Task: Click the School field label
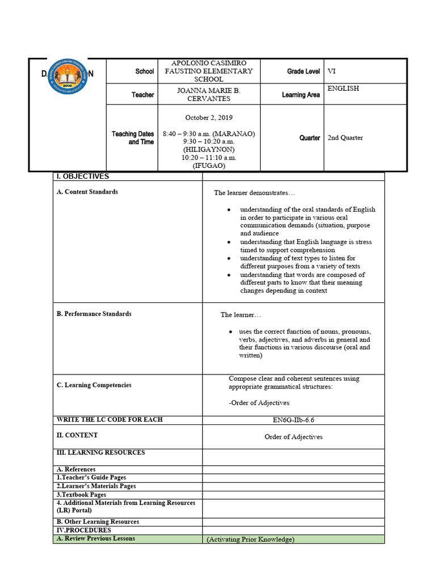pos(144,71)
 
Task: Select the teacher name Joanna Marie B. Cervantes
pos(209,94)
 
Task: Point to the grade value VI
pos(332,71)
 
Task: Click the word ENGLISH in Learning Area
pos(343,89)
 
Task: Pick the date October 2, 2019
pos(209,117)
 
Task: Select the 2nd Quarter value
pos(345,138)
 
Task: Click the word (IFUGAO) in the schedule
pos(209,166)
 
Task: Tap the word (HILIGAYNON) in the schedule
pos(209,150)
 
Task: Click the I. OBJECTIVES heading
pos(82,176)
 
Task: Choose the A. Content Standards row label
pos(87,192)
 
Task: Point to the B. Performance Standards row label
pos(94,314)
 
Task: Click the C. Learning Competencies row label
pos(94,385)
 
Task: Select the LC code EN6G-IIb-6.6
pos(294,420)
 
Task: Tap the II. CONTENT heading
pos(77,435)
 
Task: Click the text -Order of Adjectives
pos(259,403)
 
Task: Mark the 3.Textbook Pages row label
pos(81,495)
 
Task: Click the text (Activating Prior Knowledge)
pos(250,540)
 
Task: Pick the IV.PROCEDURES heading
pos(83,530)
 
